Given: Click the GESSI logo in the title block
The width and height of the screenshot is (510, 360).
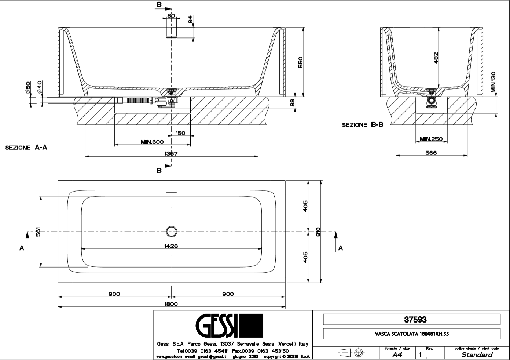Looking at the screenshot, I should click(229, 326).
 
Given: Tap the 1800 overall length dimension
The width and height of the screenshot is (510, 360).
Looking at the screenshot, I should click(171, 304).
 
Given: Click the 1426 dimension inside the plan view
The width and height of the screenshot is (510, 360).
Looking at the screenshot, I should click(171, 246).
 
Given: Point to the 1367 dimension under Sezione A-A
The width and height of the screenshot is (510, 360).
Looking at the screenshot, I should click(171, 154).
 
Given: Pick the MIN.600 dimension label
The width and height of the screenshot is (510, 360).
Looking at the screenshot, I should click(152, 142).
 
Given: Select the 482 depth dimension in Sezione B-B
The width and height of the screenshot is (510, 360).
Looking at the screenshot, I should click(436, 58).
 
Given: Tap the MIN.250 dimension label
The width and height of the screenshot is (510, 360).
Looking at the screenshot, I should click(431, 139).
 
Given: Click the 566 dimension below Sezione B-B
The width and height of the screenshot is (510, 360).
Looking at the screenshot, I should click(431, 153).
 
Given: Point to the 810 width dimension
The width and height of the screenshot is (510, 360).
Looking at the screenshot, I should click(318, 232).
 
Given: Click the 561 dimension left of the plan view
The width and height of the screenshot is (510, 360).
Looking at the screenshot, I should click(38, 232).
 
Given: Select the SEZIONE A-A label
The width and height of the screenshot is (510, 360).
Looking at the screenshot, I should click(26, 148).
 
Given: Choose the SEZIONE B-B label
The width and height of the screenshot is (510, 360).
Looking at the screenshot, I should click(362, 125).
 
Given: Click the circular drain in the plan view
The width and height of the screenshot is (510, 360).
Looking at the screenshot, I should click(171, 232).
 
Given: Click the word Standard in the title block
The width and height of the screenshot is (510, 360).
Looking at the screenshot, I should click(477, 355).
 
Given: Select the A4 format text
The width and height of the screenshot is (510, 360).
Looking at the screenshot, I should click(397, 355).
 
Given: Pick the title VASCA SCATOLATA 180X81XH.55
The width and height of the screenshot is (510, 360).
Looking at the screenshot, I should click(411, 334).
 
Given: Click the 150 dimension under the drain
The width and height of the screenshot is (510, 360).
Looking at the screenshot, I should click(180, 133).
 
